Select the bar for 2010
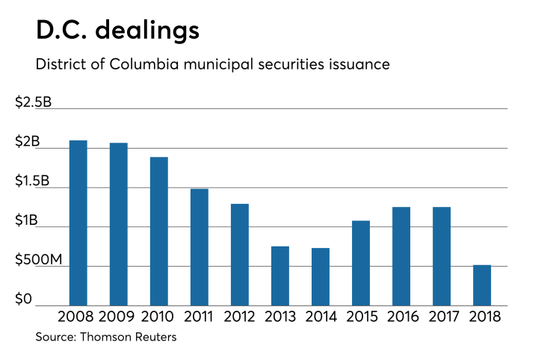point(159,231)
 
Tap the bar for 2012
point(240,254)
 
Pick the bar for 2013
point(280,276)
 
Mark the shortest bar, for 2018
point(482,285)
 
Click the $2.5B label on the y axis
point(34,103)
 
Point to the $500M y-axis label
point(37,260)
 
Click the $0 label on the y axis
point(24,300)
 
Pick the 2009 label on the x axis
point(119,316)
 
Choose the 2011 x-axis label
point(200,316)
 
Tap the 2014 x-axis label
point(321,316)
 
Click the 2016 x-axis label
point(401,316)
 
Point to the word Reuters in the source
point(155,338)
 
